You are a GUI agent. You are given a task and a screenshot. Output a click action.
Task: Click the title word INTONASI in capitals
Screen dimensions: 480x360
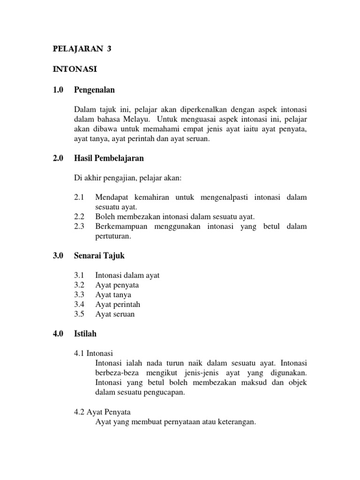pos(75,69)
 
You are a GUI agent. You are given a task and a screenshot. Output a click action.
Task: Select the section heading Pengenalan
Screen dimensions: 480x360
pos(94,90)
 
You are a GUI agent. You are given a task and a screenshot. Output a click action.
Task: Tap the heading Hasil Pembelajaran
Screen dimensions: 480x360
pos(109,158)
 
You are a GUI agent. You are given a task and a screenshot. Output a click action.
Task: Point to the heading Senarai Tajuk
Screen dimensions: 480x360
pos(99,256)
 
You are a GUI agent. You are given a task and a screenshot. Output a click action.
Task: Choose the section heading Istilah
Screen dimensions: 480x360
pos(85,334)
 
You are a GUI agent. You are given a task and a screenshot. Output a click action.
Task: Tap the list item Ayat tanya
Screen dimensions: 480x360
pos(113,295)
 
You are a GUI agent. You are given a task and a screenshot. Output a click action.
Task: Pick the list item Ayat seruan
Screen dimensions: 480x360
pos(115,314)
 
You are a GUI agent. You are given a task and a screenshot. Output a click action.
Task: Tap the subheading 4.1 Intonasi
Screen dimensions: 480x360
pos(94,353)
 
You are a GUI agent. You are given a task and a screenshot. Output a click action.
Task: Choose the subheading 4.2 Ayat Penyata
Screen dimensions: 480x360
pos(102,412)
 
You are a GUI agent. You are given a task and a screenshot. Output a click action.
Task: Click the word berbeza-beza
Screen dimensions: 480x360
pos(114,373)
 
